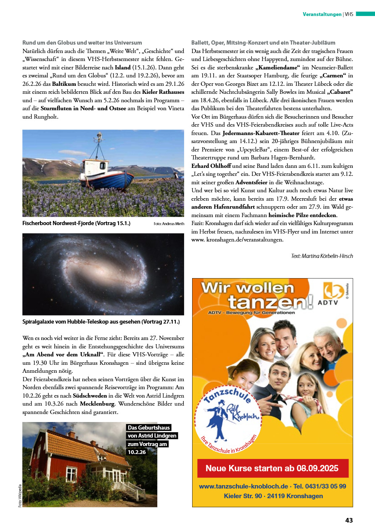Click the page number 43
pos(349,520)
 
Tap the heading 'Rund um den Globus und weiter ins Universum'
pos(82,42)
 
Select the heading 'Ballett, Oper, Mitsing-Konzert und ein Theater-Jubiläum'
pos(263,42)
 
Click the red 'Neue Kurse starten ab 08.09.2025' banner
pos(272,468)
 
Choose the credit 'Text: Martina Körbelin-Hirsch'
pos(322,256)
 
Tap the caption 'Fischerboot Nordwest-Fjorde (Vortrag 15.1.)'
pos(76,223)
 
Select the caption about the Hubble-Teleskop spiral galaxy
pos(101,322)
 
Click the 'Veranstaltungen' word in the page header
pos(322,14)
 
